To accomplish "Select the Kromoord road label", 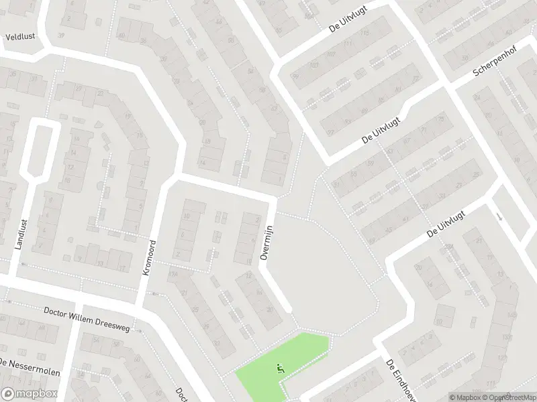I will point(149,258).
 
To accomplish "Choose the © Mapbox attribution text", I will point(465,397).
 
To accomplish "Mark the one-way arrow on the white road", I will point(499,217).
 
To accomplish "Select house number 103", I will point(313,65).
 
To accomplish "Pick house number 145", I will point(512,315).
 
